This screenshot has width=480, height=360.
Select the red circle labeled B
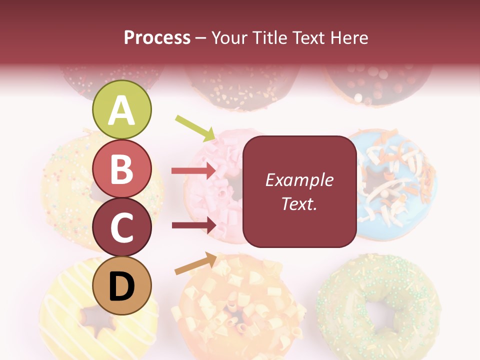pos(122,168)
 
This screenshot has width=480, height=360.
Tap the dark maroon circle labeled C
pos(122,227)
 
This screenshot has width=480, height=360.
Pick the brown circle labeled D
pos(122,285)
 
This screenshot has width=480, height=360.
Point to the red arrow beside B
pos(193,171)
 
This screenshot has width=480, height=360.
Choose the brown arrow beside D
pos(195,263)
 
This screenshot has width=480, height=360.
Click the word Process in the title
pos(157,37)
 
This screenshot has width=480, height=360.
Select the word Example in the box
pos(299,180)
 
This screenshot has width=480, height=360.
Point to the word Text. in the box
pos(299,203)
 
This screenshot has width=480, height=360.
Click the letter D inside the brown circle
pos(122,286)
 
